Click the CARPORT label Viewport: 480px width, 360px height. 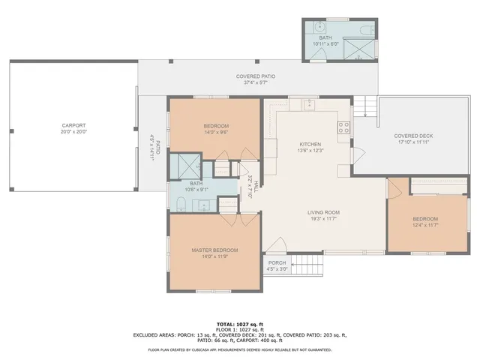coord(73,125)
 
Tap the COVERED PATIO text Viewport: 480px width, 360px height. coord(255,76)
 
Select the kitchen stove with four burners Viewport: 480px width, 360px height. coord(344,127)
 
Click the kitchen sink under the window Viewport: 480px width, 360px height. coord(309,103)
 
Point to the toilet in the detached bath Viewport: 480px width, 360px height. coord(365,31)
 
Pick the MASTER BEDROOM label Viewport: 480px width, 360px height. coord(214,250)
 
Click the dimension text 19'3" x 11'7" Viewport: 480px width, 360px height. coord(323,218)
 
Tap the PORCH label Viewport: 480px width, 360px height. coord(277,262)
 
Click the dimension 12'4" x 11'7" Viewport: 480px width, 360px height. coord(424,225)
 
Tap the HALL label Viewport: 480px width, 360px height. coord(255,184)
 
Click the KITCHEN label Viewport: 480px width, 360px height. coord(310,144)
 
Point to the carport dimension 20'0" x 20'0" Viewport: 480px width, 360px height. coord(73,132)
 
